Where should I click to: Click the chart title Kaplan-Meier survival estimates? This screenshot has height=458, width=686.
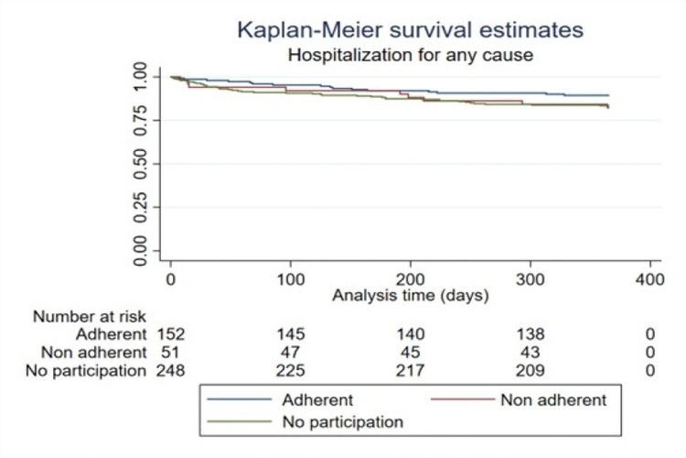pos(411,30)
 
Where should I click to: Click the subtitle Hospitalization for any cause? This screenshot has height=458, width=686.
pos(411,55)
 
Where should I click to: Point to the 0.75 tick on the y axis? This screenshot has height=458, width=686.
pos(140,120)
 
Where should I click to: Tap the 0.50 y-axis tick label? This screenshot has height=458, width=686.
pos(140,163)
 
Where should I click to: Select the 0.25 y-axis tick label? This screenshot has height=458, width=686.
pos(140,207)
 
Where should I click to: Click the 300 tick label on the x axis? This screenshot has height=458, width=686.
pos(530,278)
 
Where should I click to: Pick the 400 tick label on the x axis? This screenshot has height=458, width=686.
pos(648,278)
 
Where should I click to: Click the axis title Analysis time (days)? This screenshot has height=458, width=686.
pos(410,295)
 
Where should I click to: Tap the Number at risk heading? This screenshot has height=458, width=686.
pos(90,317)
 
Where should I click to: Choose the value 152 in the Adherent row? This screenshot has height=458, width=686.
pos(171,333)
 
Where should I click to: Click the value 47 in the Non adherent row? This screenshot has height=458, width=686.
pos(291,352)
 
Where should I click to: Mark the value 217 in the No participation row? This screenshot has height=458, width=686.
pos(410,370)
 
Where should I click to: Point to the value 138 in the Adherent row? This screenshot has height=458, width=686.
pos(530,333)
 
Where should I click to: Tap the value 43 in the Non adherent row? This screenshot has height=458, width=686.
pos(530,352)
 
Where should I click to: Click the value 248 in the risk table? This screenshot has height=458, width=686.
pos(171,370)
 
